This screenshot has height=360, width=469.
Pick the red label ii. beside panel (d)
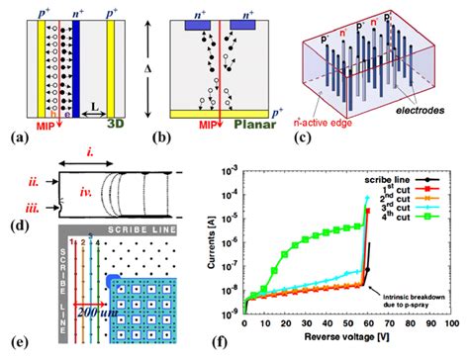34,181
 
